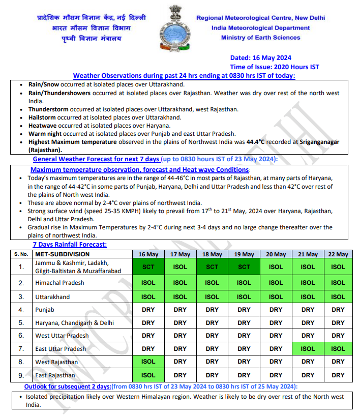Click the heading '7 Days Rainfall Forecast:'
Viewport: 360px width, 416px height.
click(70, 245)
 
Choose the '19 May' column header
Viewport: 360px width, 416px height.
click(244, 254)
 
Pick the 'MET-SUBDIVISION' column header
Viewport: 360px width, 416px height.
click(62, 254)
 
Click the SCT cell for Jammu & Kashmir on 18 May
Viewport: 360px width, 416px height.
click(212, 266)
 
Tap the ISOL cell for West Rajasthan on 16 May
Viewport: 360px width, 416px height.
click(148, 362)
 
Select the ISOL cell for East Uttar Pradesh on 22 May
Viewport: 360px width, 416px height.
click(338, 349)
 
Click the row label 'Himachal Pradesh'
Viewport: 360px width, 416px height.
click(59, 283)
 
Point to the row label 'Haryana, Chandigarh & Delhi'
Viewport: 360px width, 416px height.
click(74, 322)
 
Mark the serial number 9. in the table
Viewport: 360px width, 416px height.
click(21, 375)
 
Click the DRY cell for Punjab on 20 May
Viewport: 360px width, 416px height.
click(276, 309)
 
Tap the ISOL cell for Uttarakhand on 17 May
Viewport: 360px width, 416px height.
click(180, 296)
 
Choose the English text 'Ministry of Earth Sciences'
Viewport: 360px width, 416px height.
click(260, 37)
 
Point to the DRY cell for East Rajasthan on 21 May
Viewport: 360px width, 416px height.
click(307, 375)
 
